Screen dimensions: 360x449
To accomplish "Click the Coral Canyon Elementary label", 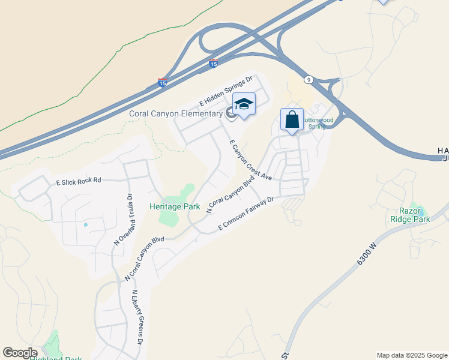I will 176,113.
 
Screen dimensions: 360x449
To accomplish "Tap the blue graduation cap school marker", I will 244,106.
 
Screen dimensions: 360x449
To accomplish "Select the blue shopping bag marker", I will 292,119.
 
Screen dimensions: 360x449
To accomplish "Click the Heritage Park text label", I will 175,206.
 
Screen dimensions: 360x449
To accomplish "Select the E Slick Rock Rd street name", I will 79,180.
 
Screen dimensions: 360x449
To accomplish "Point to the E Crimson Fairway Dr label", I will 246,214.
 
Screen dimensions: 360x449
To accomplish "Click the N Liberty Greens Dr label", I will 136,317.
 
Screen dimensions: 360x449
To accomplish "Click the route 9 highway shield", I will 308,79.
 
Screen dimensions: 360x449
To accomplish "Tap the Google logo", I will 20,353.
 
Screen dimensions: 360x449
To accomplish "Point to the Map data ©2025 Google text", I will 412,355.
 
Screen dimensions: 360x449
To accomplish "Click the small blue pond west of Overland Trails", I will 86,225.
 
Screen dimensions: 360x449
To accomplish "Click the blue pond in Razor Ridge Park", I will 420,212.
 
